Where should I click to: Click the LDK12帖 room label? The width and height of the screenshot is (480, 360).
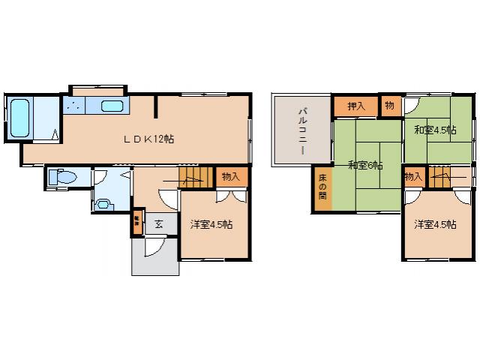pyautogui.click(x=149, y=139)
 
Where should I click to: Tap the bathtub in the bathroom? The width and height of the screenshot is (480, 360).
pyautogui.click(x=19, y=118)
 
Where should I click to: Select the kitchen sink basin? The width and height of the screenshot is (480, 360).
pyautogui.click(x=112, y=106)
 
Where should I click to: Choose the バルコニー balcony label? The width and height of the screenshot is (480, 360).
pyautogui.click(x=302, y=130)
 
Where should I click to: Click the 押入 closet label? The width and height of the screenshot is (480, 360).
pyautogui.click(x=356, y=106)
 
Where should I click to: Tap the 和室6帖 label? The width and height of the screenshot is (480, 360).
pyautogui.click(x=365, y=165)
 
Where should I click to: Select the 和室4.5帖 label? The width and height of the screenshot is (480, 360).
pyautogui.click(x=435, y=129)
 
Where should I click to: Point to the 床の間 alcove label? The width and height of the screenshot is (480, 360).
pyautogui.click(x=322, y=185)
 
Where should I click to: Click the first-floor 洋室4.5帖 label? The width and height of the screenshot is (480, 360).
pyautogui.click(x=211, y=224)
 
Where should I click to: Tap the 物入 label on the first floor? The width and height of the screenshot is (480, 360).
pyautogui.click(x=230, y=176)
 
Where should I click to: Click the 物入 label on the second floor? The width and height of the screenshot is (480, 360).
pyautogui.click(x=412, y=177)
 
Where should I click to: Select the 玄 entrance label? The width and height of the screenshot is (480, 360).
pyautogui.click(x=159, y=223)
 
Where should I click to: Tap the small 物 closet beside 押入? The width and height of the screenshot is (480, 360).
pyautogui.click(x=389, y=106)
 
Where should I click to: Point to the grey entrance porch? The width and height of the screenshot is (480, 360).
pyautogui.click(x=155, y=259)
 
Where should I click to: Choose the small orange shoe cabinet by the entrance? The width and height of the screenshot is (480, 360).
pyautogui.click(x=137, y=220)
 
